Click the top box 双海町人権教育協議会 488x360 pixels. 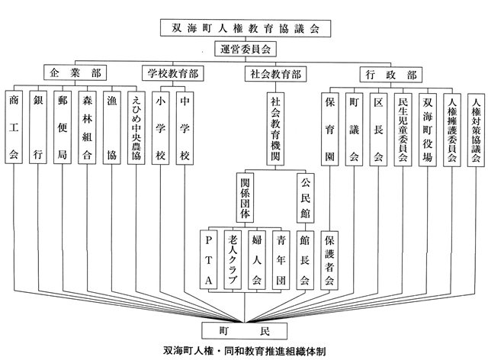pos(246,28)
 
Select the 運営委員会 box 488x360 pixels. pos(246,50)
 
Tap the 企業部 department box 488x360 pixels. pos(75,73)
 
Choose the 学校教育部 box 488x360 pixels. pos(173,73)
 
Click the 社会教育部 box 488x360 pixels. pos(275,74)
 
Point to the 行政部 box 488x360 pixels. pos(391,75)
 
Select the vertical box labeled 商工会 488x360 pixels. pos(14,127)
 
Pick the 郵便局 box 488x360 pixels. pos(63,127)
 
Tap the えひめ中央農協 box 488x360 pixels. pos(136,127)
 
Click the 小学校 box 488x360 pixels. pos(161,128)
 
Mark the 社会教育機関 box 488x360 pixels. pos(275,129)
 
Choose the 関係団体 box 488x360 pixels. pos(245,198)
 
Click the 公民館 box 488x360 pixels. pos(305,198)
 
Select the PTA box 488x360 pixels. pos(208,260)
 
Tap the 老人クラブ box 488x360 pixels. pos(233,260)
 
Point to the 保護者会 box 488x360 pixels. pos(329,260)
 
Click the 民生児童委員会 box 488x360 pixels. pos(403,130)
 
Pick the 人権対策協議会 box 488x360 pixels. pos(476,130)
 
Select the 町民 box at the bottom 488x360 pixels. pos(244,331)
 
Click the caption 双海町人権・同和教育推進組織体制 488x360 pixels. pos(245,351)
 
